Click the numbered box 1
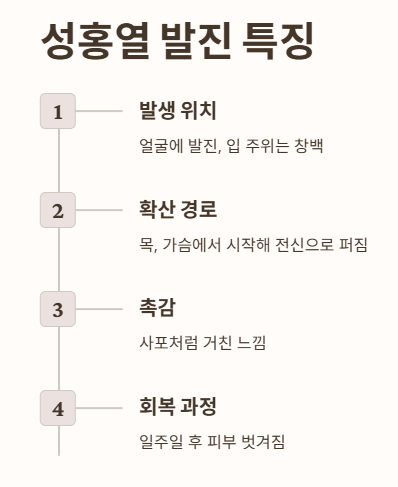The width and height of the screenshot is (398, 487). coord(58,111)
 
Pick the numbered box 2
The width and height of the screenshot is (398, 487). coord(58,210)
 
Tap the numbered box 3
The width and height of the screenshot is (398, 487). coord(58,309)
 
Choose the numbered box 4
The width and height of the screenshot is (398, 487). coord(58,408)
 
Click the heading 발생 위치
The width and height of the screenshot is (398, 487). coord(178,111)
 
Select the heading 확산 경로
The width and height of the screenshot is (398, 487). coord(178,210)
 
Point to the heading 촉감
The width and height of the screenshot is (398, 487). coord(159,308)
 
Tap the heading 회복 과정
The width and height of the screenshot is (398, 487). coord(178,407)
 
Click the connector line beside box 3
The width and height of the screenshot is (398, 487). coord(99,309)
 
